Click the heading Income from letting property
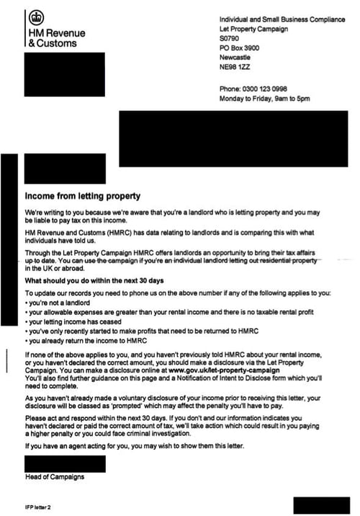click(x=83, y=196)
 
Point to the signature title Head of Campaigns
click(x=54, y=477)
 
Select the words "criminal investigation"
click(x=197, y=435)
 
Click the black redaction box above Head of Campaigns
click(x=66, y=463)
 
